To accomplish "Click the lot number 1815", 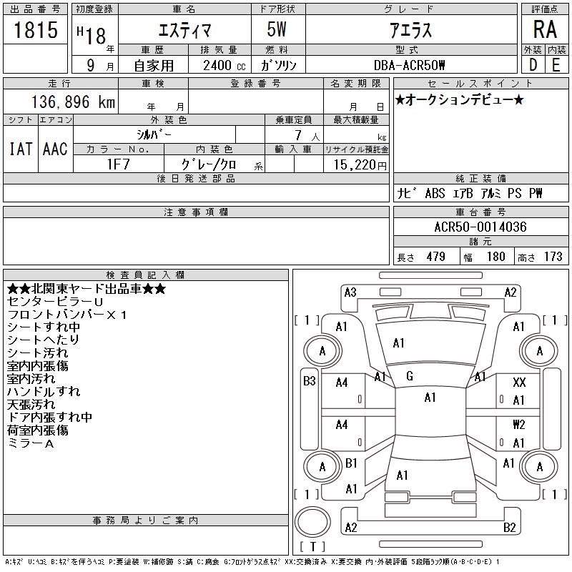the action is click(x=36, y=29).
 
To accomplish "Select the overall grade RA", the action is click(x=545, y=29).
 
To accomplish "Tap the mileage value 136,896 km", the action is click(x=73, y=102).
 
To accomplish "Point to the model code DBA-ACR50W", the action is click(x=409, y=65).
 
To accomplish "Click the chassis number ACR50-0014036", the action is click(x=480, y=227).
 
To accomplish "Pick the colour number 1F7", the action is click(x=118, y=164).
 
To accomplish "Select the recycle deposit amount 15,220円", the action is click(x=360, y=165).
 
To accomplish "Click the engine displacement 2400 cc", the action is click(x=224, y=66).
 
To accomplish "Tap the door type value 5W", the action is click(x=277, y=29).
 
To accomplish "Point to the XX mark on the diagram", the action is click(x=519, y=383).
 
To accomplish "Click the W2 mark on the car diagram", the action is click(x=519, y=425).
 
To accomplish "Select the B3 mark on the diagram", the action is click(x=310, y=381).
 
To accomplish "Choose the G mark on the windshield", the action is click(x=409, y=376).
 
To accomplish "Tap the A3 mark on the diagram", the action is click(x=350, y=292).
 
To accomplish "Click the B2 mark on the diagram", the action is click(x=509, y=528).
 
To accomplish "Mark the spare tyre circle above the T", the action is click(x=312, y=522).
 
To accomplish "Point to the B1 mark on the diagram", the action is click(x=351, y=463).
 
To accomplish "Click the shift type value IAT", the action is click(x=21, y=149).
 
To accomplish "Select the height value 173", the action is click(x=553, y=257).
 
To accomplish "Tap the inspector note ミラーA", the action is click(x=30, y=443).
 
